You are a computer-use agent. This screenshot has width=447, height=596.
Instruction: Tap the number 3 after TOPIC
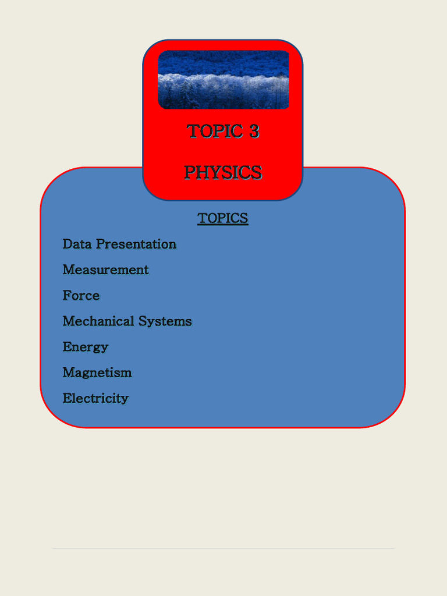click(254, 132)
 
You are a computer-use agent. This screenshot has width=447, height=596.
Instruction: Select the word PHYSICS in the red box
click(223, 172)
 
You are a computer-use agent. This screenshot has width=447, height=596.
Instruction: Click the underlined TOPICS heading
click(223, 218)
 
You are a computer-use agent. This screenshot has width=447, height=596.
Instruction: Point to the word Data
click(77, 244)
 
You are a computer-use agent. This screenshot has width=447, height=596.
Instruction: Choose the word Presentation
click(136, 244)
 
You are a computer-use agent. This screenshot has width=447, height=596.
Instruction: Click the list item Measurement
click(105, 269)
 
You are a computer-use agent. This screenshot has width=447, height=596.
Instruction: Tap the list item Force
click(81, 296)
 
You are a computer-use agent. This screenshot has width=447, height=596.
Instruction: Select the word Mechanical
click(98, 321)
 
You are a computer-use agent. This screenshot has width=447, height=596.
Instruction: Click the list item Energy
click(86, 347)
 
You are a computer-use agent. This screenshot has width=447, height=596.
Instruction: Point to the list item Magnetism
click(97, 372)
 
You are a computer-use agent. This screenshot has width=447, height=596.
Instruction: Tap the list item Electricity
click(95, 398)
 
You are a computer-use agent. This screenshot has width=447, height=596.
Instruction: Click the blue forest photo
click(223, 80)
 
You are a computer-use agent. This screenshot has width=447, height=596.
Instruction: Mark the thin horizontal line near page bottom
click(223, 548)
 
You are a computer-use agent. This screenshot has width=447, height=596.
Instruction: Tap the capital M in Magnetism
click(68, 372)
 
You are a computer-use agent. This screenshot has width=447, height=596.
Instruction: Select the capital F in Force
click(66, 296)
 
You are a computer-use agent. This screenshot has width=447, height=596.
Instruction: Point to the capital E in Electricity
click(66, 398)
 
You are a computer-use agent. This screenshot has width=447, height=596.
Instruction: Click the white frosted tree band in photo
click(223, 81)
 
